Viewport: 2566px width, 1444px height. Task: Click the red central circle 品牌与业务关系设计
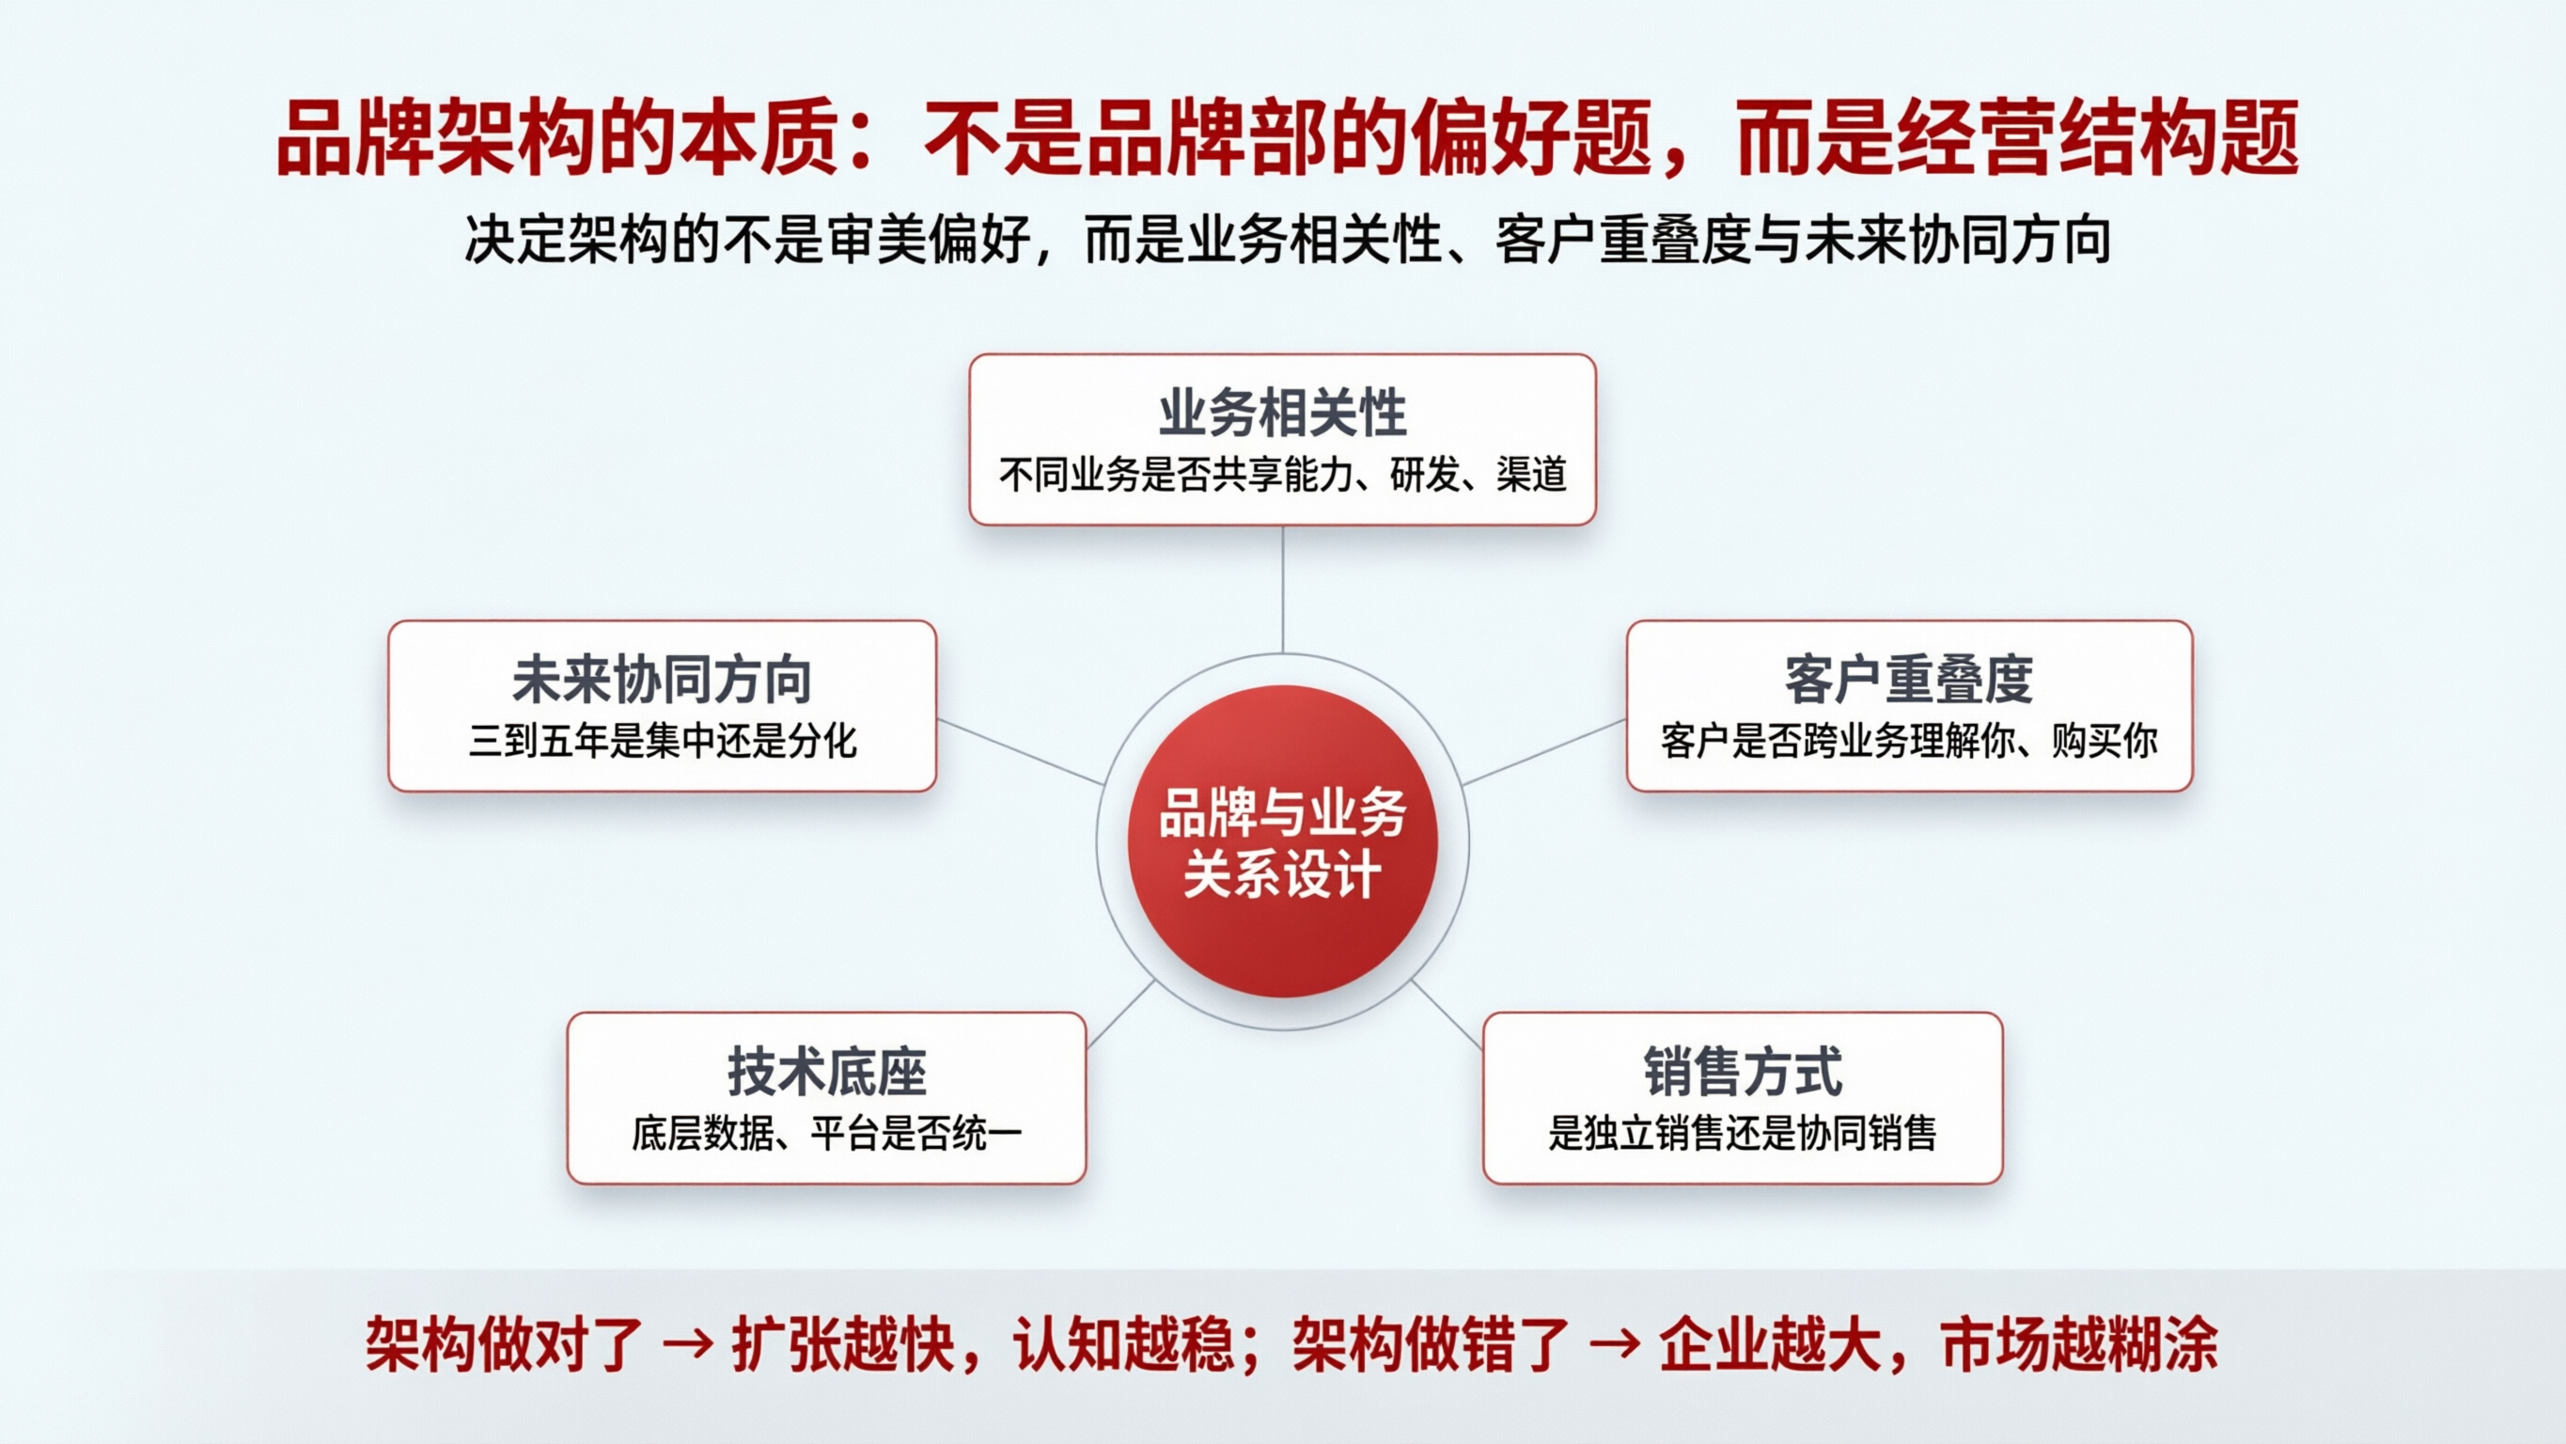1282,842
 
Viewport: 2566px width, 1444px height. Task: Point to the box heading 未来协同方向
662,680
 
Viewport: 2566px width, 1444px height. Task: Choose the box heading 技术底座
827,1073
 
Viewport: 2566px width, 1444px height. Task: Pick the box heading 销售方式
1743,1073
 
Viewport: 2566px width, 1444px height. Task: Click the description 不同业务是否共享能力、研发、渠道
1282,476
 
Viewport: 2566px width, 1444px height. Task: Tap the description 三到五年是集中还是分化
662,742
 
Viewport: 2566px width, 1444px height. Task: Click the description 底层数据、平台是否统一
827,1134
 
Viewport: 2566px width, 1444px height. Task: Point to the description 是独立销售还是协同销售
1743,1134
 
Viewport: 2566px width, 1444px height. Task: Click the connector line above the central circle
1282,588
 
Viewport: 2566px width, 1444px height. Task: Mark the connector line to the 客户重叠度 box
1544,752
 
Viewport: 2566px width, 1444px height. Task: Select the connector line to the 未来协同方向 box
1021,752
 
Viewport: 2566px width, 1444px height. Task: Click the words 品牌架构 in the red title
436,138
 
